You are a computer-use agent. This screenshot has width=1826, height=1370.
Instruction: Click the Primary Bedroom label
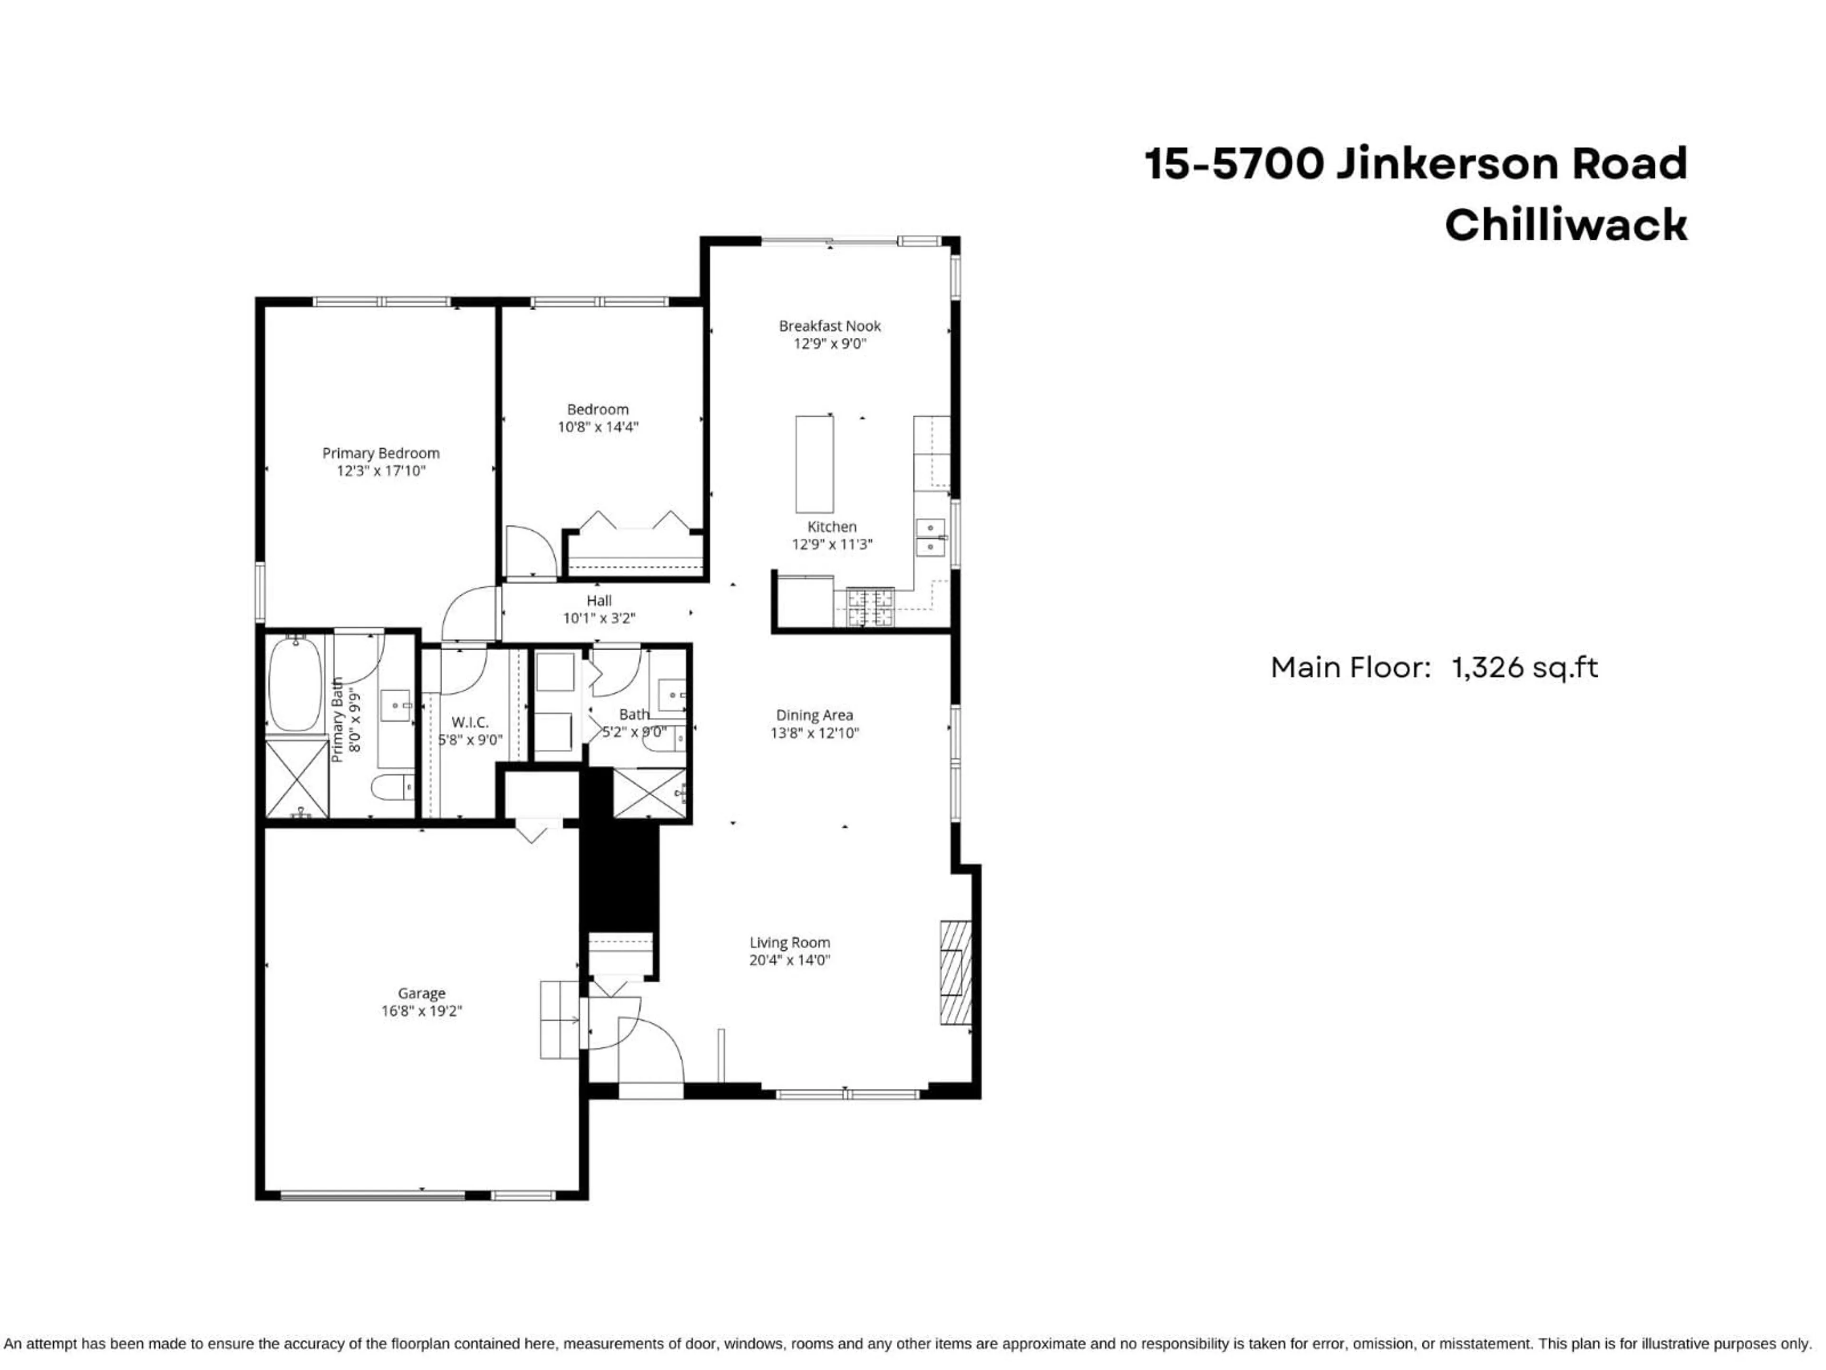[x=380, y=452]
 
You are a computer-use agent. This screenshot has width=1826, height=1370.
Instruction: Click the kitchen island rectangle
[x=814, y=464]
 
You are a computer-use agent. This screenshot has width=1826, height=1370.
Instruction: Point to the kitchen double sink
[x=931, y=537]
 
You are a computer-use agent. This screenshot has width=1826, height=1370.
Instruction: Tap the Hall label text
[x=599, y=600]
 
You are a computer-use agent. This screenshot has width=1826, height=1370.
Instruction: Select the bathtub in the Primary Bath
[x=295, y=682]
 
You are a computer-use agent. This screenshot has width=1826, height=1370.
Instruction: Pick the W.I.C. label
[x=470, y=722]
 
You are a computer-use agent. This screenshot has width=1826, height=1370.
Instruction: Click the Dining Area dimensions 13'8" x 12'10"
[x=815, y=733]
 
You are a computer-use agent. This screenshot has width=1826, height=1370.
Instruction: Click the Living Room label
[x=789, y=942]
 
